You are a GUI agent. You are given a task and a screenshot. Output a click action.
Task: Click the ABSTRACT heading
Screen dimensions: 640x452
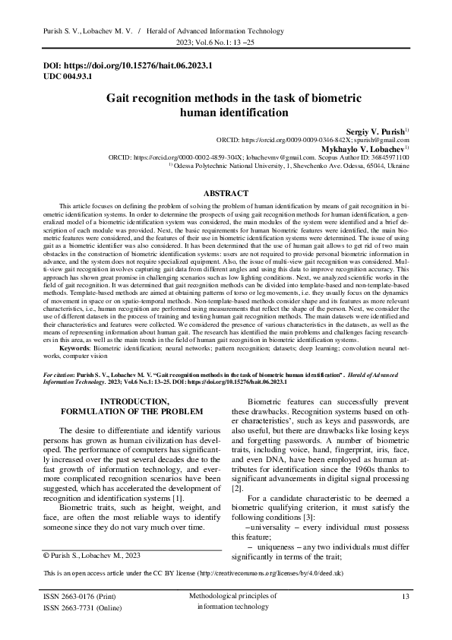[226, 195]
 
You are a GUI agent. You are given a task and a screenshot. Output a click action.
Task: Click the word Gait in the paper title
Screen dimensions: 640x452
[122, 99]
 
